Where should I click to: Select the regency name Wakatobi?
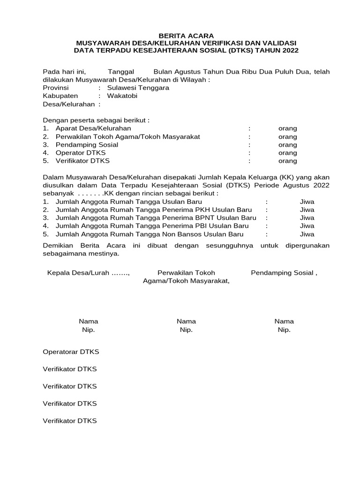coord(122,96)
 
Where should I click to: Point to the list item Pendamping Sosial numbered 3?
coord(87,145)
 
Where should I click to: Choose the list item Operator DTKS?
coord(81,153)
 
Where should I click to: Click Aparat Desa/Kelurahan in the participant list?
coord(93,128)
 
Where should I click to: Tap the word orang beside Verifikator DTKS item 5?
coord(287,161)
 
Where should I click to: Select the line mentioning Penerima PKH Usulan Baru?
coord(153,210)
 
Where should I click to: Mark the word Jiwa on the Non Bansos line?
coord(307,234)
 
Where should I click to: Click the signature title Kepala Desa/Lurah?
coord(88,273)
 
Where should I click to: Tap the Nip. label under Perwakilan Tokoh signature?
coord(186,330)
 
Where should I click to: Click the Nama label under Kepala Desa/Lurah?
coord(88,321)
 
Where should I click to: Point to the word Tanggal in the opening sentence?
coord(121,72)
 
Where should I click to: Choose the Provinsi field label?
coord(56,88)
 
